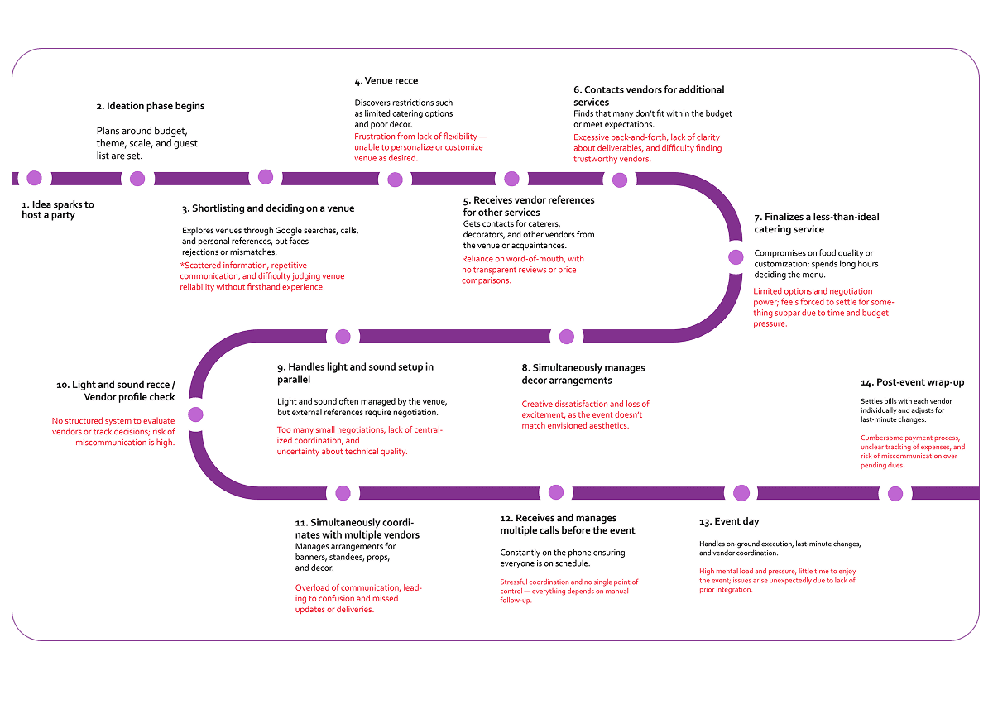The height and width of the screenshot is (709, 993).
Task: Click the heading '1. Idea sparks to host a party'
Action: click(58, 209)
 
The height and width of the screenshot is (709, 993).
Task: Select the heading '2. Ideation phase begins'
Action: click(150, 106)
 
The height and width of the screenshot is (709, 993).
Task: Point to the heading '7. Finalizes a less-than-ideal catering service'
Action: click(816, 223)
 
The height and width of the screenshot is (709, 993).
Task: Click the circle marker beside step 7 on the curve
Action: click(736, 257)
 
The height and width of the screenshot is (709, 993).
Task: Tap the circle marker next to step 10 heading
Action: click(194, 414)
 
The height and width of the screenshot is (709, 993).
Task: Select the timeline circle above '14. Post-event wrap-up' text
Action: click(895, 494)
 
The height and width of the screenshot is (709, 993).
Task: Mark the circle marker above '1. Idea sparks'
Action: click(34, 178)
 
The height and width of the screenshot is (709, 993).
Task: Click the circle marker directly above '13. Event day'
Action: click(741, 493)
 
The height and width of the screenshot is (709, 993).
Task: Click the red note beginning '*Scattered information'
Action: click(261, 275)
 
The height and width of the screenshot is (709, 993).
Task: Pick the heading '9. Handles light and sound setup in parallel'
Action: click(355, 372)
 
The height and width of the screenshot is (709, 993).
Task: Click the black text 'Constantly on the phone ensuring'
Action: click(562, 553)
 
